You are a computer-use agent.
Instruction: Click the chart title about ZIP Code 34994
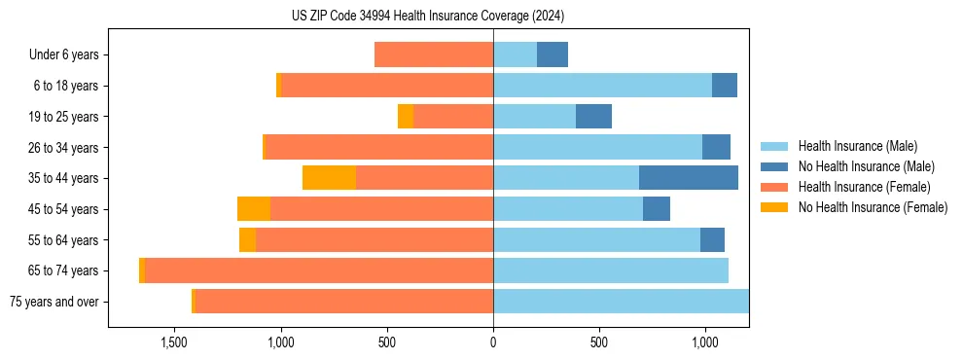[x=427, y=17]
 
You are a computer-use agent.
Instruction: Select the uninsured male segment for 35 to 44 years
[x=688, y=178]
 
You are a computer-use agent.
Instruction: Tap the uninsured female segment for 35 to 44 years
[x=329, y=178]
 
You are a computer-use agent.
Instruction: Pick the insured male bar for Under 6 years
[x=515, y=54]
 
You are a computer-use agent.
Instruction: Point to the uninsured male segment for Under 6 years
[x=552, y=54]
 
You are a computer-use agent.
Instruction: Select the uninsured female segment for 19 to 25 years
[x=406, y=117]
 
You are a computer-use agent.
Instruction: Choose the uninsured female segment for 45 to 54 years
[x=254, y=209]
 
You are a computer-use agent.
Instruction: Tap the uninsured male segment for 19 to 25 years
[x=593, y=117]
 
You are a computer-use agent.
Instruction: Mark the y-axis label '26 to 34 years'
[x=63, y=148]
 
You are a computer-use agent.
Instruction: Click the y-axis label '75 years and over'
[x=53, y=302]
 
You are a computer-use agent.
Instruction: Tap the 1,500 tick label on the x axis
[x=173, y=342]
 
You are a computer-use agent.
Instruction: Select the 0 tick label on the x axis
[x=493, y=342]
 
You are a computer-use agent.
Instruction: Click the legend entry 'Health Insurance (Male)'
[x=857, y=146]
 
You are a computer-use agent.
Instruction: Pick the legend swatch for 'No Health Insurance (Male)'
[x=774, y=166]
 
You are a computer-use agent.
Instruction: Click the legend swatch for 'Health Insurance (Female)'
[x=774, y=187]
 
